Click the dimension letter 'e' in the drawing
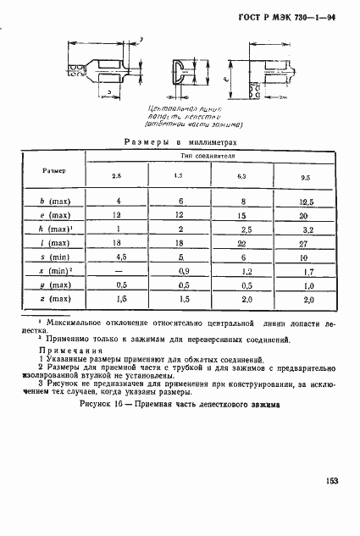pyautogui.click(x=215, y=79)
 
